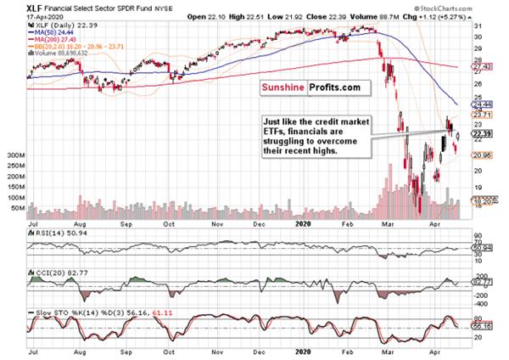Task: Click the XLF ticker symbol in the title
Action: pos(13,6)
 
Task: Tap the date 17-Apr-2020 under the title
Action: pos(21,14)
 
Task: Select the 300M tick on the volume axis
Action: pos(14,156)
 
